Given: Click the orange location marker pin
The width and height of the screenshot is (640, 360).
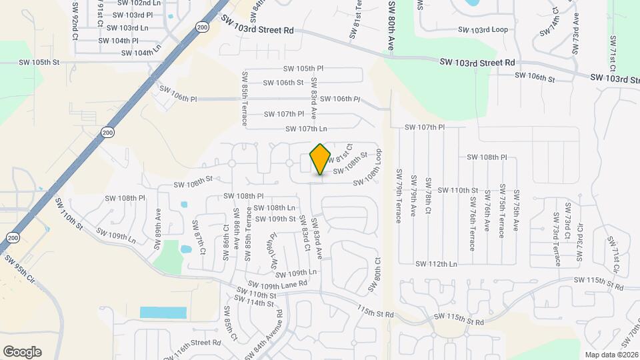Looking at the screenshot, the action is click(x=321, y=159).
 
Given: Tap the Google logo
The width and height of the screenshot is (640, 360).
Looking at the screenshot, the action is click(x=22, y=352).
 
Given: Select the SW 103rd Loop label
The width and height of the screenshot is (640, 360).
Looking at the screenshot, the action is click(x=483, y=30).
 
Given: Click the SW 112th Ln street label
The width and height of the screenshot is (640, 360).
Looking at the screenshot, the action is click(x=436, y=264).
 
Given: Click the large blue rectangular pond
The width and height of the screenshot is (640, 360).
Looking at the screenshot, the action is click(x=163, y=313).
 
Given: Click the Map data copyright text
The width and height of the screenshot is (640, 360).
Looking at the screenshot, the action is click(x=610, y=355).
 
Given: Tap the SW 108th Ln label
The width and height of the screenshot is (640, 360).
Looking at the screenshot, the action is click(x=273, y=208).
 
